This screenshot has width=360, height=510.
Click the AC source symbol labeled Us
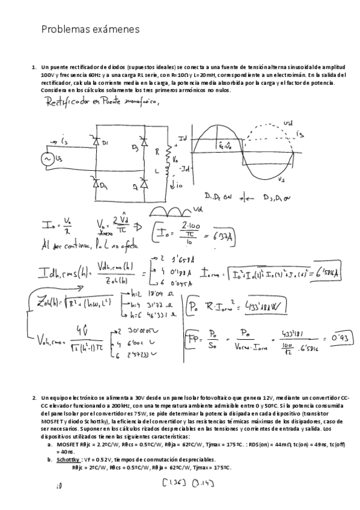pyautogui.click(x=46, y=159)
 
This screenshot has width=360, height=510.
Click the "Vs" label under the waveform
pyautogui.click(x=280, y=179)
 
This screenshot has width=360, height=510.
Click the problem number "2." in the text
pyautogui.click(x=34, y=398)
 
